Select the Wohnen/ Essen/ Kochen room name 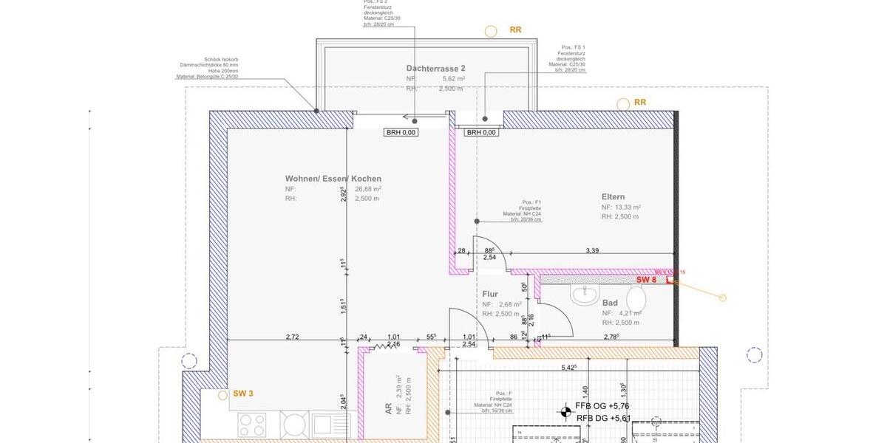click(333, 179)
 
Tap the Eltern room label click(613, 197)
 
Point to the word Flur click(490, 294)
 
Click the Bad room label click(610, 303)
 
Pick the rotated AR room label click(389, 408)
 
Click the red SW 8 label click(646, 280)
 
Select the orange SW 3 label click(243, 394)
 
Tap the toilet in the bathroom click(636, 298)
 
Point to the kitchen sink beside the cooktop click(322, 425)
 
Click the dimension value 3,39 click(592, 251)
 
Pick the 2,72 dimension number click(292, 337)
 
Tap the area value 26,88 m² click(368, 188)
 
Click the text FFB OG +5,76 click(602, 405)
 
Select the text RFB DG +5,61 click(603, 418)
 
